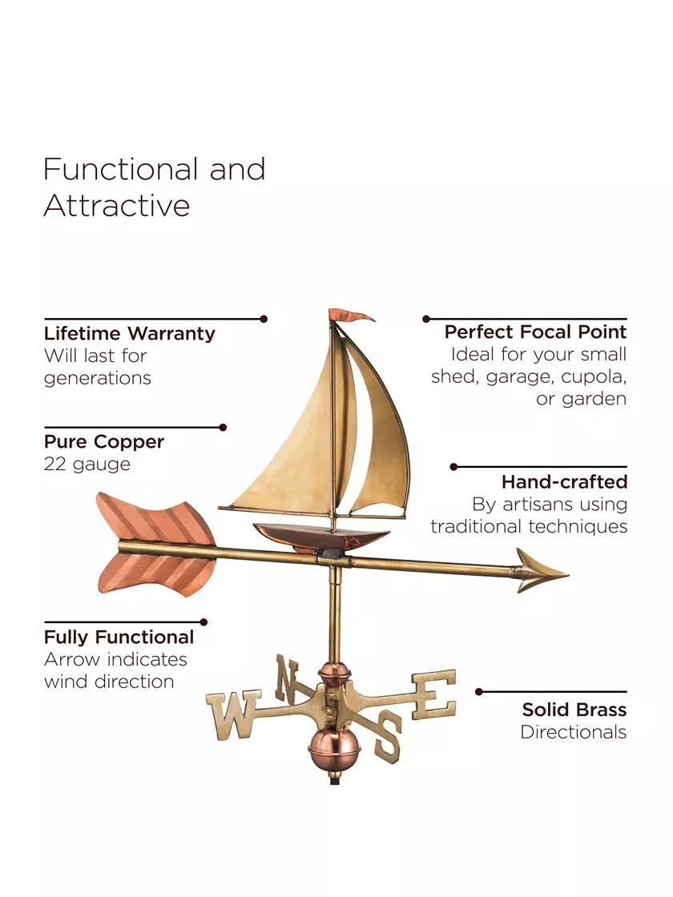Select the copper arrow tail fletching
(x=151, y=544)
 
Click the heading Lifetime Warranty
(x=129, y=333)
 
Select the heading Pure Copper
(x=104, y=441)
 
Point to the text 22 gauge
(x=87, y=464)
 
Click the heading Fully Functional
(x=119, y=637)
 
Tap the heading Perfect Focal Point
(x=535, y=332)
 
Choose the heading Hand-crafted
(x=564, y=482)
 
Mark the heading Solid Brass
(x=574, y=710)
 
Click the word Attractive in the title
(x=117, y=205)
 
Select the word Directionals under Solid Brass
(x=573, y=731)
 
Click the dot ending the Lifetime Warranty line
(x=264, y=319)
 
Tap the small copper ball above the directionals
(x=332, y=673)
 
